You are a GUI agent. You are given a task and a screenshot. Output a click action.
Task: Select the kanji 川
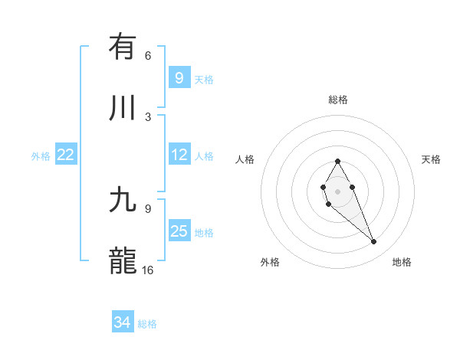tap(123, 108)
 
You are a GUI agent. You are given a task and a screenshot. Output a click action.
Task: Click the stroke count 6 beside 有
tap(148, 55)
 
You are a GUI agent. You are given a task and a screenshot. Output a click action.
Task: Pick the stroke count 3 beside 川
tap(148, 116)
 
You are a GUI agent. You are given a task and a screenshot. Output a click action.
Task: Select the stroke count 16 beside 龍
tap(148, 270)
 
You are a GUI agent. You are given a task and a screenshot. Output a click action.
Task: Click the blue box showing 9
tap(179, 78)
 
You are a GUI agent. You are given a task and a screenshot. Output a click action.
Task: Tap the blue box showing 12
tap(179, 155)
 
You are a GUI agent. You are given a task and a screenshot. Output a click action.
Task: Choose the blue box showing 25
tap(179, 231)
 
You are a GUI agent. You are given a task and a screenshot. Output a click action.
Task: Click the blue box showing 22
tap(65, 155)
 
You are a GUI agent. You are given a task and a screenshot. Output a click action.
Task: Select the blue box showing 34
tap(122, 322)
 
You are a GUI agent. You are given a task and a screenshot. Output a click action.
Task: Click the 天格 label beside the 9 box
tap(204, 79)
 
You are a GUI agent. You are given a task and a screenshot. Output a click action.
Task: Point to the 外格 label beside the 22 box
tap(41, 155)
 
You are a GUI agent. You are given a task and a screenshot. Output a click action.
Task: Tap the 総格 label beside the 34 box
tap(147, 323)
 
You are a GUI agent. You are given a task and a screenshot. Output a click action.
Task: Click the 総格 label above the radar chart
tap(337, 100)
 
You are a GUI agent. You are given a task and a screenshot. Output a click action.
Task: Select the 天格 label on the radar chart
tap(431, 159)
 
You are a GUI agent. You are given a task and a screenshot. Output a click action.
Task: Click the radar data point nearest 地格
tap(374, 242)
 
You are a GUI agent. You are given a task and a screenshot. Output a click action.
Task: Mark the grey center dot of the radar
tap(337, 190)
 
